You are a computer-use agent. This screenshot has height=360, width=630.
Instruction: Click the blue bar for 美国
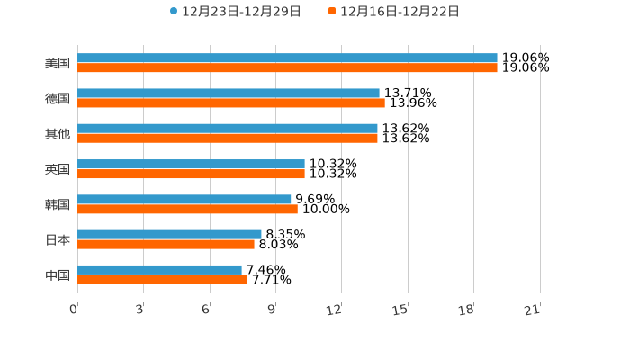tap(287, 58)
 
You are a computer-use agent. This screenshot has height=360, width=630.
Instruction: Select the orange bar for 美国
tap(287, 68)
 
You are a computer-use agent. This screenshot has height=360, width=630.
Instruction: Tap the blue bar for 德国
tap(229, 94)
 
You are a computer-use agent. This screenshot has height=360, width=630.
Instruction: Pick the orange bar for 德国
tap(231, 103)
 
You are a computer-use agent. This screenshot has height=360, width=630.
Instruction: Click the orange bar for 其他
tap(228, 139)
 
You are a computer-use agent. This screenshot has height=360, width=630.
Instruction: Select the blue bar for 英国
tap(191, 164)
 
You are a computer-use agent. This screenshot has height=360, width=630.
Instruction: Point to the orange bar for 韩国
tap(187, 209)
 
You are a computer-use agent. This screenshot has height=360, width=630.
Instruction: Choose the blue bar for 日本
tap(169, 234)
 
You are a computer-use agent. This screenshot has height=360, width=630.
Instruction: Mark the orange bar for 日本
tap(166, 244)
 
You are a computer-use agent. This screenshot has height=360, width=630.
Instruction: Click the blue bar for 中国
tap(159, 269)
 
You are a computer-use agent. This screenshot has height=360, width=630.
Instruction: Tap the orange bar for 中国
tap(162, 279)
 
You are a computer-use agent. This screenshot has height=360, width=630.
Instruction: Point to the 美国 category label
tap(58, 64)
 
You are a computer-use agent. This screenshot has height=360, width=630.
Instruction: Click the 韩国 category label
tap(58, 204)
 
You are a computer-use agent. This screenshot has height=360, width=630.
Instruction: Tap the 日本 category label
tap(58, 239)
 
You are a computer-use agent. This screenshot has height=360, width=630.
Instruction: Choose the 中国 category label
tap(58, 274)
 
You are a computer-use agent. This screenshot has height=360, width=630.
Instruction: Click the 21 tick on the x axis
tap(533, 310)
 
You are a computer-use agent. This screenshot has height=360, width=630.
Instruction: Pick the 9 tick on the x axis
tap(271, 310)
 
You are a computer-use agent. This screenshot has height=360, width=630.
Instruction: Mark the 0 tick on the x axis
tap(75, 310)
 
